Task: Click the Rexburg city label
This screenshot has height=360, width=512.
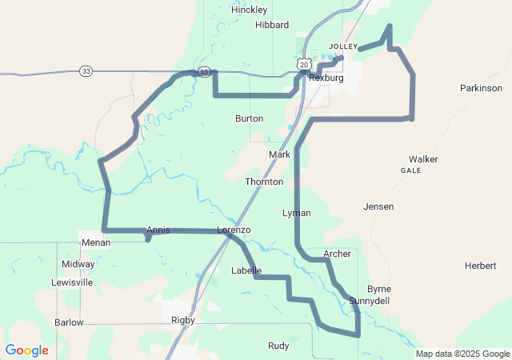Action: [x=326, y=78]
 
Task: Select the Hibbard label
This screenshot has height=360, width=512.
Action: [x=271, y=25]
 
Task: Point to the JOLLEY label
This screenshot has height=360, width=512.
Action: [x=343, y=46]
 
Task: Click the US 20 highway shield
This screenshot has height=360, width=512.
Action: [x=302, y=62]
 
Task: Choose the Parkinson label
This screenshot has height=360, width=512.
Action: [x=481, y=88]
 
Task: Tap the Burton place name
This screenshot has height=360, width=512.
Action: [x=249, y=118]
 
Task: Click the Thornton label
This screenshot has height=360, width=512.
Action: [x=264, y=182]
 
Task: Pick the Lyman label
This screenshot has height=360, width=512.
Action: [x=297, y=214]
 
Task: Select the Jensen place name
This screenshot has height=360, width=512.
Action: [x=378, y=206]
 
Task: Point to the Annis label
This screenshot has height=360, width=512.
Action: [x=158, y=230]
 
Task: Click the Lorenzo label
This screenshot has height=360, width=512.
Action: [x=234, y=230]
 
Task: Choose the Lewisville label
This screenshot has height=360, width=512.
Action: [x=72, y=282]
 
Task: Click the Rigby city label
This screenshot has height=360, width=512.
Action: [x=183, y=320]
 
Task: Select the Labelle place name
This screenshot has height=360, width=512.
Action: [x=246, y=270]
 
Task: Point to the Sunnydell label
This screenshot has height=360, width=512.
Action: [x=369, y=301]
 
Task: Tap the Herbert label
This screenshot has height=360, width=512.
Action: [x=480, y=266]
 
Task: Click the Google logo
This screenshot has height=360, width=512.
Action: [x=26, y=350]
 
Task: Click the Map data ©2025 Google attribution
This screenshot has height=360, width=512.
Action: [x=462, y=354]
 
